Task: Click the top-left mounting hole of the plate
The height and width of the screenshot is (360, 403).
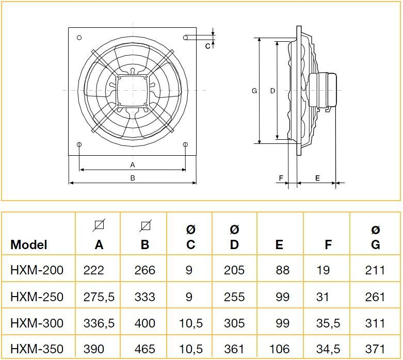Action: pyautogui.click(x=79, y=38)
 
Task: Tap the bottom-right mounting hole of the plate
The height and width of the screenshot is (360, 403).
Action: pyautogui.click(x=185, y=144)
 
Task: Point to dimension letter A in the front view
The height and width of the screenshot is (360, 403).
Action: pyautogui.click(x=133, y=165)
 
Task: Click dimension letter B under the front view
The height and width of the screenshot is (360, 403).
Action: pyautogui.click(x=133, y=178)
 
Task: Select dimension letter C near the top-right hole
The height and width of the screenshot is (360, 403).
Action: pyautogui.click(x=207, y=46)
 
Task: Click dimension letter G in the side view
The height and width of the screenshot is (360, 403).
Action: pyautogui.click(x=254, y=91)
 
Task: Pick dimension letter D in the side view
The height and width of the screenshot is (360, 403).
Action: pyautogui.click(x=272, y=91)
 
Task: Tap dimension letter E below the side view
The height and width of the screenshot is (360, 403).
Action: pyautogui.click(x=317, y=178)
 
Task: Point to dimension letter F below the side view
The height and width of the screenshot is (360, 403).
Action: pyautogui.click(x=281, y=178)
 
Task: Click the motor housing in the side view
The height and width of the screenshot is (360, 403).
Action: pyautogui.click(x=323, y=90)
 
